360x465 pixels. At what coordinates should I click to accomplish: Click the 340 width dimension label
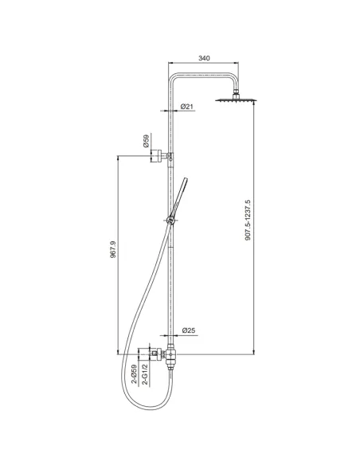tap(204, 58)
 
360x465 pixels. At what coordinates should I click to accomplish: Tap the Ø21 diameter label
tap(187, 107)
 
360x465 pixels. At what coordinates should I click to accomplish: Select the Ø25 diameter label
tap(189, 330)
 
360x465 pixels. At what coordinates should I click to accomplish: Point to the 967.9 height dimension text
tap(113, 249)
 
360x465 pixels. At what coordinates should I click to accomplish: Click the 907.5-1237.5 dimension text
tap(248, 220)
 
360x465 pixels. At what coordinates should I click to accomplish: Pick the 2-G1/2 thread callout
tap(145, 375)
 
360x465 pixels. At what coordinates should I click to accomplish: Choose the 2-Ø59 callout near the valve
tap(135, 374)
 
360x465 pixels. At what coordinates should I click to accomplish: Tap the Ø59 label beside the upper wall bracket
tap(146, 141)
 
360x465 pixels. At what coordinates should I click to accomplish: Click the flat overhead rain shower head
tap(236, 100)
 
